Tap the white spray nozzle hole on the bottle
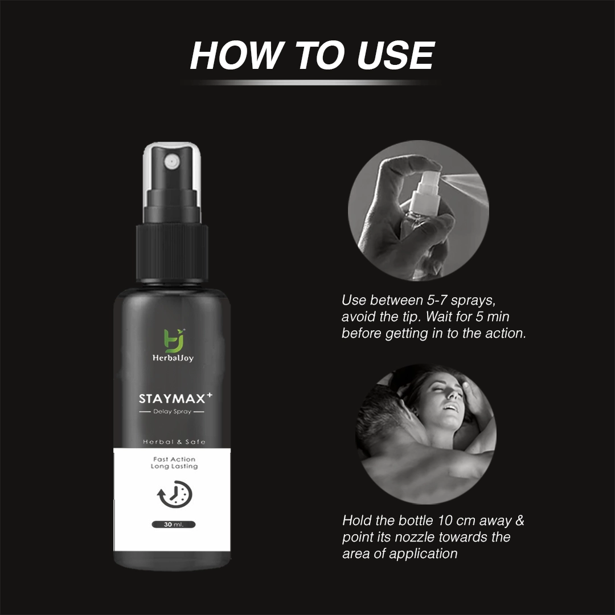[171, 161]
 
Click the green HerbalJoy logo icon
[174, 339]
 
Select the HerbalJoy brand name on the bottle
[173, 358]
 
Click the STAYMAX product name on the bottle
[172, 399]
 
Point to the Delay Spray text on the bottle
[172, 412]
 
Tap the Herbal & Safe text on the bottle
[174, 442]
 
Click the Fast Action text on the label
[174, 460]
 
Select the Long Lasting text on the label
[174, 466]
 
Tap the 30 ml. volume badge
[173, 524]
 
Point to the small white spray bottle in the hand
[426, 198]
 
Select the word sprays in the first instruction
[473, 301]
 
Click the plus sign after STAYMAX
[210, 395]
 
